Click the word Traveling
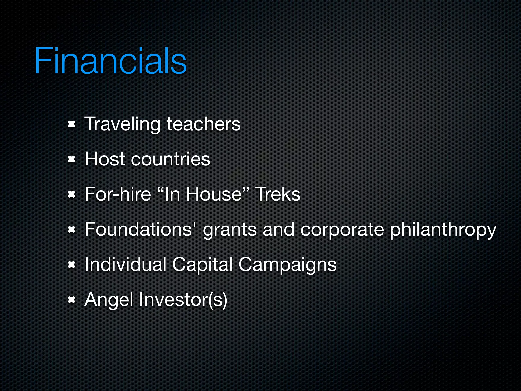122,124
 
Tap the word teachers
204,124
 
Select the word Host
105,159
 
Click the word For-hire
118,194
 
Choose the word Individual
125,264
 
